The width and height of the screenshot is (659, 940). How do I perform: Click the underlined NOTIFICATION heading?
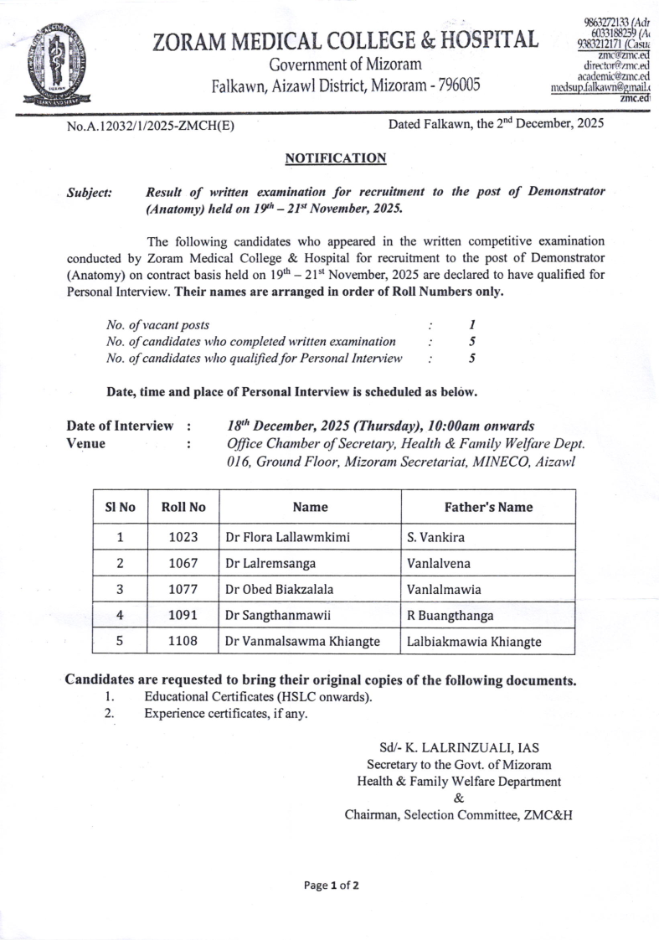pos(336,158)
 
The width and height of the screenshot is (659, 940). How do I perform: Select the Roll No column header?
pos(183,507)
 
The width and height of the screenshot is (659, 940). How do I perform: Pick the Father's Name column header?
pos(488,507)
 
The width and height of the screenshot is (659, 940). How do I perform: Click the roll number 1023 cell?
pos(183,537)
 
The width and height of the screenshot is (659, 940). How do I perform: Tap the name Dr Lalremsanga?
pos(268,563)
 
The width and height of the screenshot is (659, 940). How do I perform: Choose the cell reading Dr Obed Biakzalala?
pos(280,589)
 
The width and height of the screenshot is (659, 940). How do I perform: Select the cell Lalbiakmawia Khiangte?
pos(474,642)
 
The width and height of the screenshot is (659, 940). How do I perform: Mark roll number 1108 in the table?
pos(183,642)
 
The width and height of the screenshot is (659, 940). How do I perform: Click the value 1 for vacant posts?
pos(473,323)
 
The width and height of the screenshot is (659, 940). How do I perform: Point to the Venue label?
pos(86,444)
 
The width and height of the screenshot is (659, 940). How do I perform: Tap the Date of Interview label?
pos(121,426)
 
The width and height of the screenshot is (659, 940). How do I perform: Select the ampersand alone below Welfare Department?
pos(458,798)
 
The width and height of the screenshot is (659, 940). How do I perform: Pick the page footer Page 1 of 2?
pos(332,885)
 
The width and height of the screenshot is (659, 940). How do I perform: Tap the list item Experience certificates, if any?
pos(226,714)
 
